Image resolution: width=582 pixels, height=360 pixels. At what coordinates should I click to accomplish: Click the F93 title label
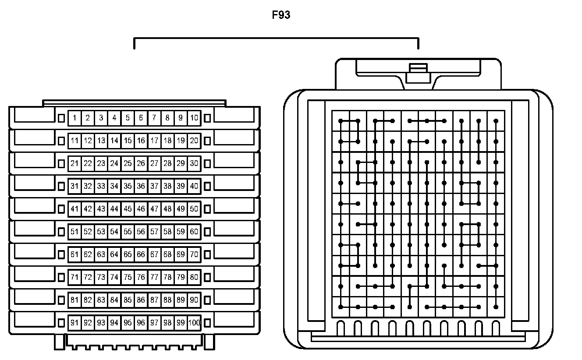281,15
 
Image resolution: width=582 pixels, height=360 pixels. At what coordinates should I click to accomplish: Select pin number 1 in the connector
75,118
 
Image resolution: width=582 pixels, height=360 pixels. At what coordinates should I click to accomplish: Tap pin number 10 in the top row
194,118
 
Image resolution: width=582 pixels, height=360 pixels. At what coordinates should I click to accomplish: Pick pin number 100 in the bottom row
194,323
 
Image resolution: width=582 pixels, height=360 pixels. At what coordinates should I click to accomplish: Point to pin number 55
128,232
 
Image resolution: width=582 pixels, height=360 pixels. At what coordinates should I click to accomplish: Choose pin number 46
141,209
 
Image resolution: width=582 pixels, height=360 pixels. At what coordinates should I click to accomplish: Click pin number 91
75,323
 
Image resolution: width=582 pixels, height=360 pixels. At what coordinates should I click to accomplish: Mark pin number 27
154,163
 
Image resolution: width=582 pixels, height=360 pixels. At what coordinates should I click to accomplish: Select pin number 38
167,186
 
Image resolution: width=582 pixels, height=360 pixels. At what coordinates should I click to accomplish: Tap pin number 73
101,277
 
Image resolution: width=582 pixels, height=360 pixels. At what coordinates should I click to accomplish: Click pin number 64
114,254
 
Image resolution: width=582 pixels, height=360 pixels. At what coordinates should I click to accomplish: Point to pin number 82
88,300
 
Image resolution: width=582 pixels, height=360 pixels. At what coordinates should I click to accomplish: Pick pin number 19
181,141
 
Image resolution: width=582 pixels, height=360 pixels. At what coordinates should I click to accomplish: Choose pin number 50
194,209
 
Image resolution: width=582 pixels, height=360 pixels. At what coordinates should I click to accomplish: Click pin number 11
75,141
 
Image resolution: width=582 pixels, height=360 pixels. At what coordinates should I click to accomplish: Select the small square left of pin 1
61,118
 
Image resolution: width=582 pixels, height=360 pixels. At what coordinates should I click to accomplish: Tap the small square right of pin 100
207,323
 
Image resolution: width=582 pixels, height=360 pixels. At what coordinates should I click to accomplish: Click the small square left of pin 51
61,232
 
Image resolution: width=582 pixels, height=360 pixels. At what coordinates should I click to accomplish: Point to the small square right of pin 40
207,186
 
